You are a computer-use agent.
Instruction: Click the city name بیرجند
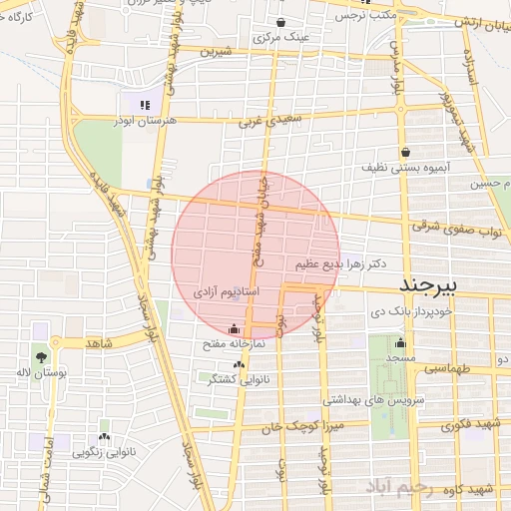[x=427, y=285]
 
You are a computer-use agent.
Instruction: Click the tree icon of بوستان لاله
[x=41, y=356]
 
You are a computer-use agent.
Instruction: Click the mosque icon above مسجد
[x=400, y=342]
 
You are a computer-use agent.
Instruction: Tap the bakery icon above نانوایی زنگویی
[x=105, y=437]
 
